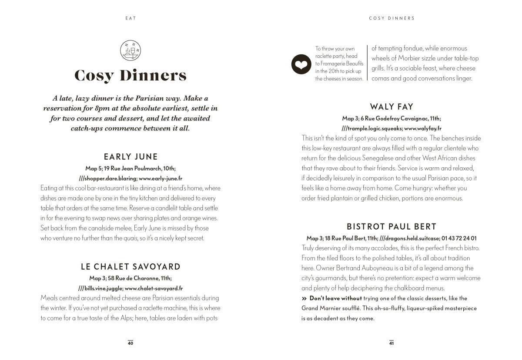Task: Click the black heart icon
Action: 301,64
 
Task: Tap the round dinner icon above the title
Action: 130,51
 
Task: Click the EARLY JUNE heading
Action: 130,157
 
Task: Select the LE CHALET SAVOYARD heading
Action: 130,267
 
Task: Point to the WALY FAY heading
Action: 391,107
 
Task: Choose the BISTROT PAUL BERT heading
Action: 391,227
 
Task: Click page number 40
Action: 130,343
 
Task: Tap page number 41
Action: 391,343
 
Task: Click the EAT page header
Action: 130,18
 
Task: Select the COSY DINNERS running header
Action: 391,18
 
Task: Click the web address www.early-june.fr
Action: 161,178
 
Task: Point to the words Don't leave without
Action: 335,298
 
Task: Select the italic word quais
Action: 131,238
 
